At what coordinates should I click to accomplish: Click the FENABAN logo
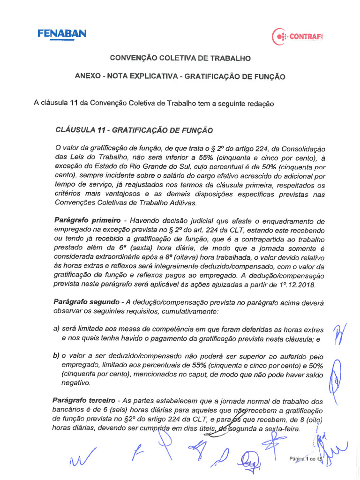tap(61, 34)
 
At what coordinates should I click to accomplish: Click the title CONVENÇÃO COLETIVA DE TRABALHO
tap(180, 58)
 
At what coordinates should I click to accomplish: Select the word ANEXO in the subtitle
tap(88, 76)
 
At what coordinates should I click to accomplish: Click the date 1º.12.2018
tap(295, 284)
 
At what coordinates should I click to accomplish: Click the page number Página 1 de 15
tap(306, 459)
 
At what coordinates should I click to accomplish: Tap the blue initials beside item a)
tap(337, 334)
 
